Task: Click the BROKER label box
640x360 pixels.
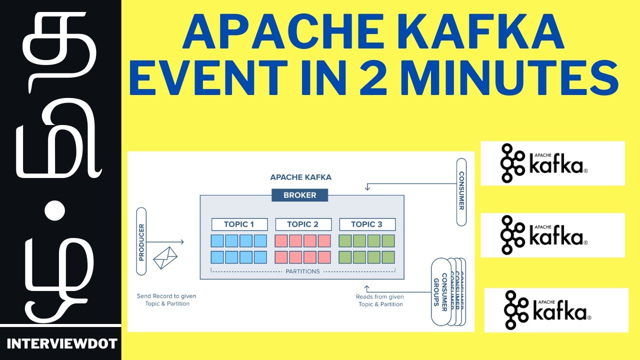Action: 300,195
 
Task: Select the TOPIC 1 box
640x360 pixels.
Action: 239,224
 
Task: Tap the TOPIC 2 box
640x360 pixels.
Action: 303,224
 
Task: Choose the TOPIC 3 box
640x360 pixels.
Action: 367,224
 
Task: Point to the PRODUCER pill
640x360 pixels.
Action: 141,242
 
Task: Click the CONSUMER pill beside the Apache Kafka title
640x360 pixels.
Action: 461,191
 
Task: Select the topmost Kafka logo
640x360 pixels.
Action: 552,163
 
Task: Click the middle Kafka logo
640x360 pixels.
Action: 552,235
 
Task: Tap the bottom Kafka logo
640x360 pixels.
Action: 556,310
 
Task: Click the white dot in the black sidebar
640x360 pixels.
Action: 55,211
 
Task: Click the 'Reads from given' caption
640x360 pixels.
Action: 380,296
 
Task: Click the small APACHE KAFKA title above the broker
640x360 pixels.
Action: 300,177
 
